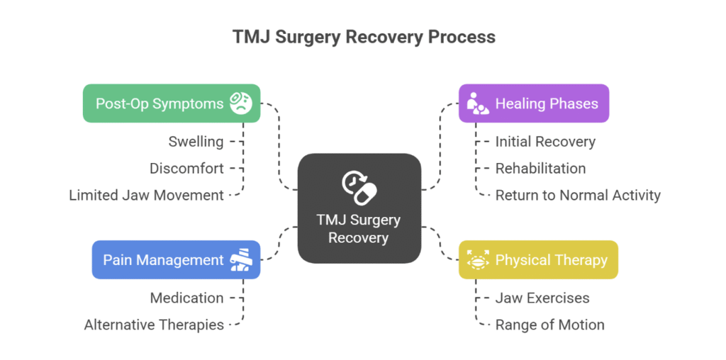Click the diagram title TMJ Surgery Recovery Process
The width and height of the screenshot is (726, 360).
363,37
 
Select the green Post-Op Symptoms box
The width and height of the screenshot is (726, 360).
172,103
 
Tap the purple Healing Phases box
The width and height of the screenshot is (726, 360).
533,103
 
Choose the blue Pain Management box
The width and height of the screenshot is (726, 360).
176,260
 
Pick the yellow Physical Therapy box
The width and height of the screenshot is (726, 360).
538,260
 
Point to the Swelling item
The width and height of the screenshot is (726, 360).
196,141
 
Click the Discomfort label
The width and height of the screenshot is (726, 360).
186,169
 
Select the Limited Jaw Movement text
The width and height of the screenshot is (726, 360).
146,195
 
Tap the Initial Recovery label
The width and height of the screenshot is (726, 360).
545,141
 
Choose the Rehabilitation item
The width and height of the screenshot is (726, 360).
540,169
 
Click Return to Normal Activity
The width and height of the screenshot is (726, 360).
578,195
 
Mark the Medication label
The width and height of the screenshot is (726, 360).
186,298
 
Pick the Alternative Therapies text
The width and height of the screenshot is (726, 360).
154,325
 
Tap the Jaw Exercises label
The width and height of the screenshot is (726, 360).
542,298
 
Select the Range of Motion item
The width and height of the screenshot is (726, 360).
549,325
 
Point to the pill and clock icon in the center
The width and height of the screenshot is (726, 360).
359,186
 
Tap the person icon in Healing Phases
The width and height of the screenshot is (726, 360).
477,103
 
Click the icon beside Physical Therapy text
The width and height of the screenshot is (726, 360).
478,260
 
